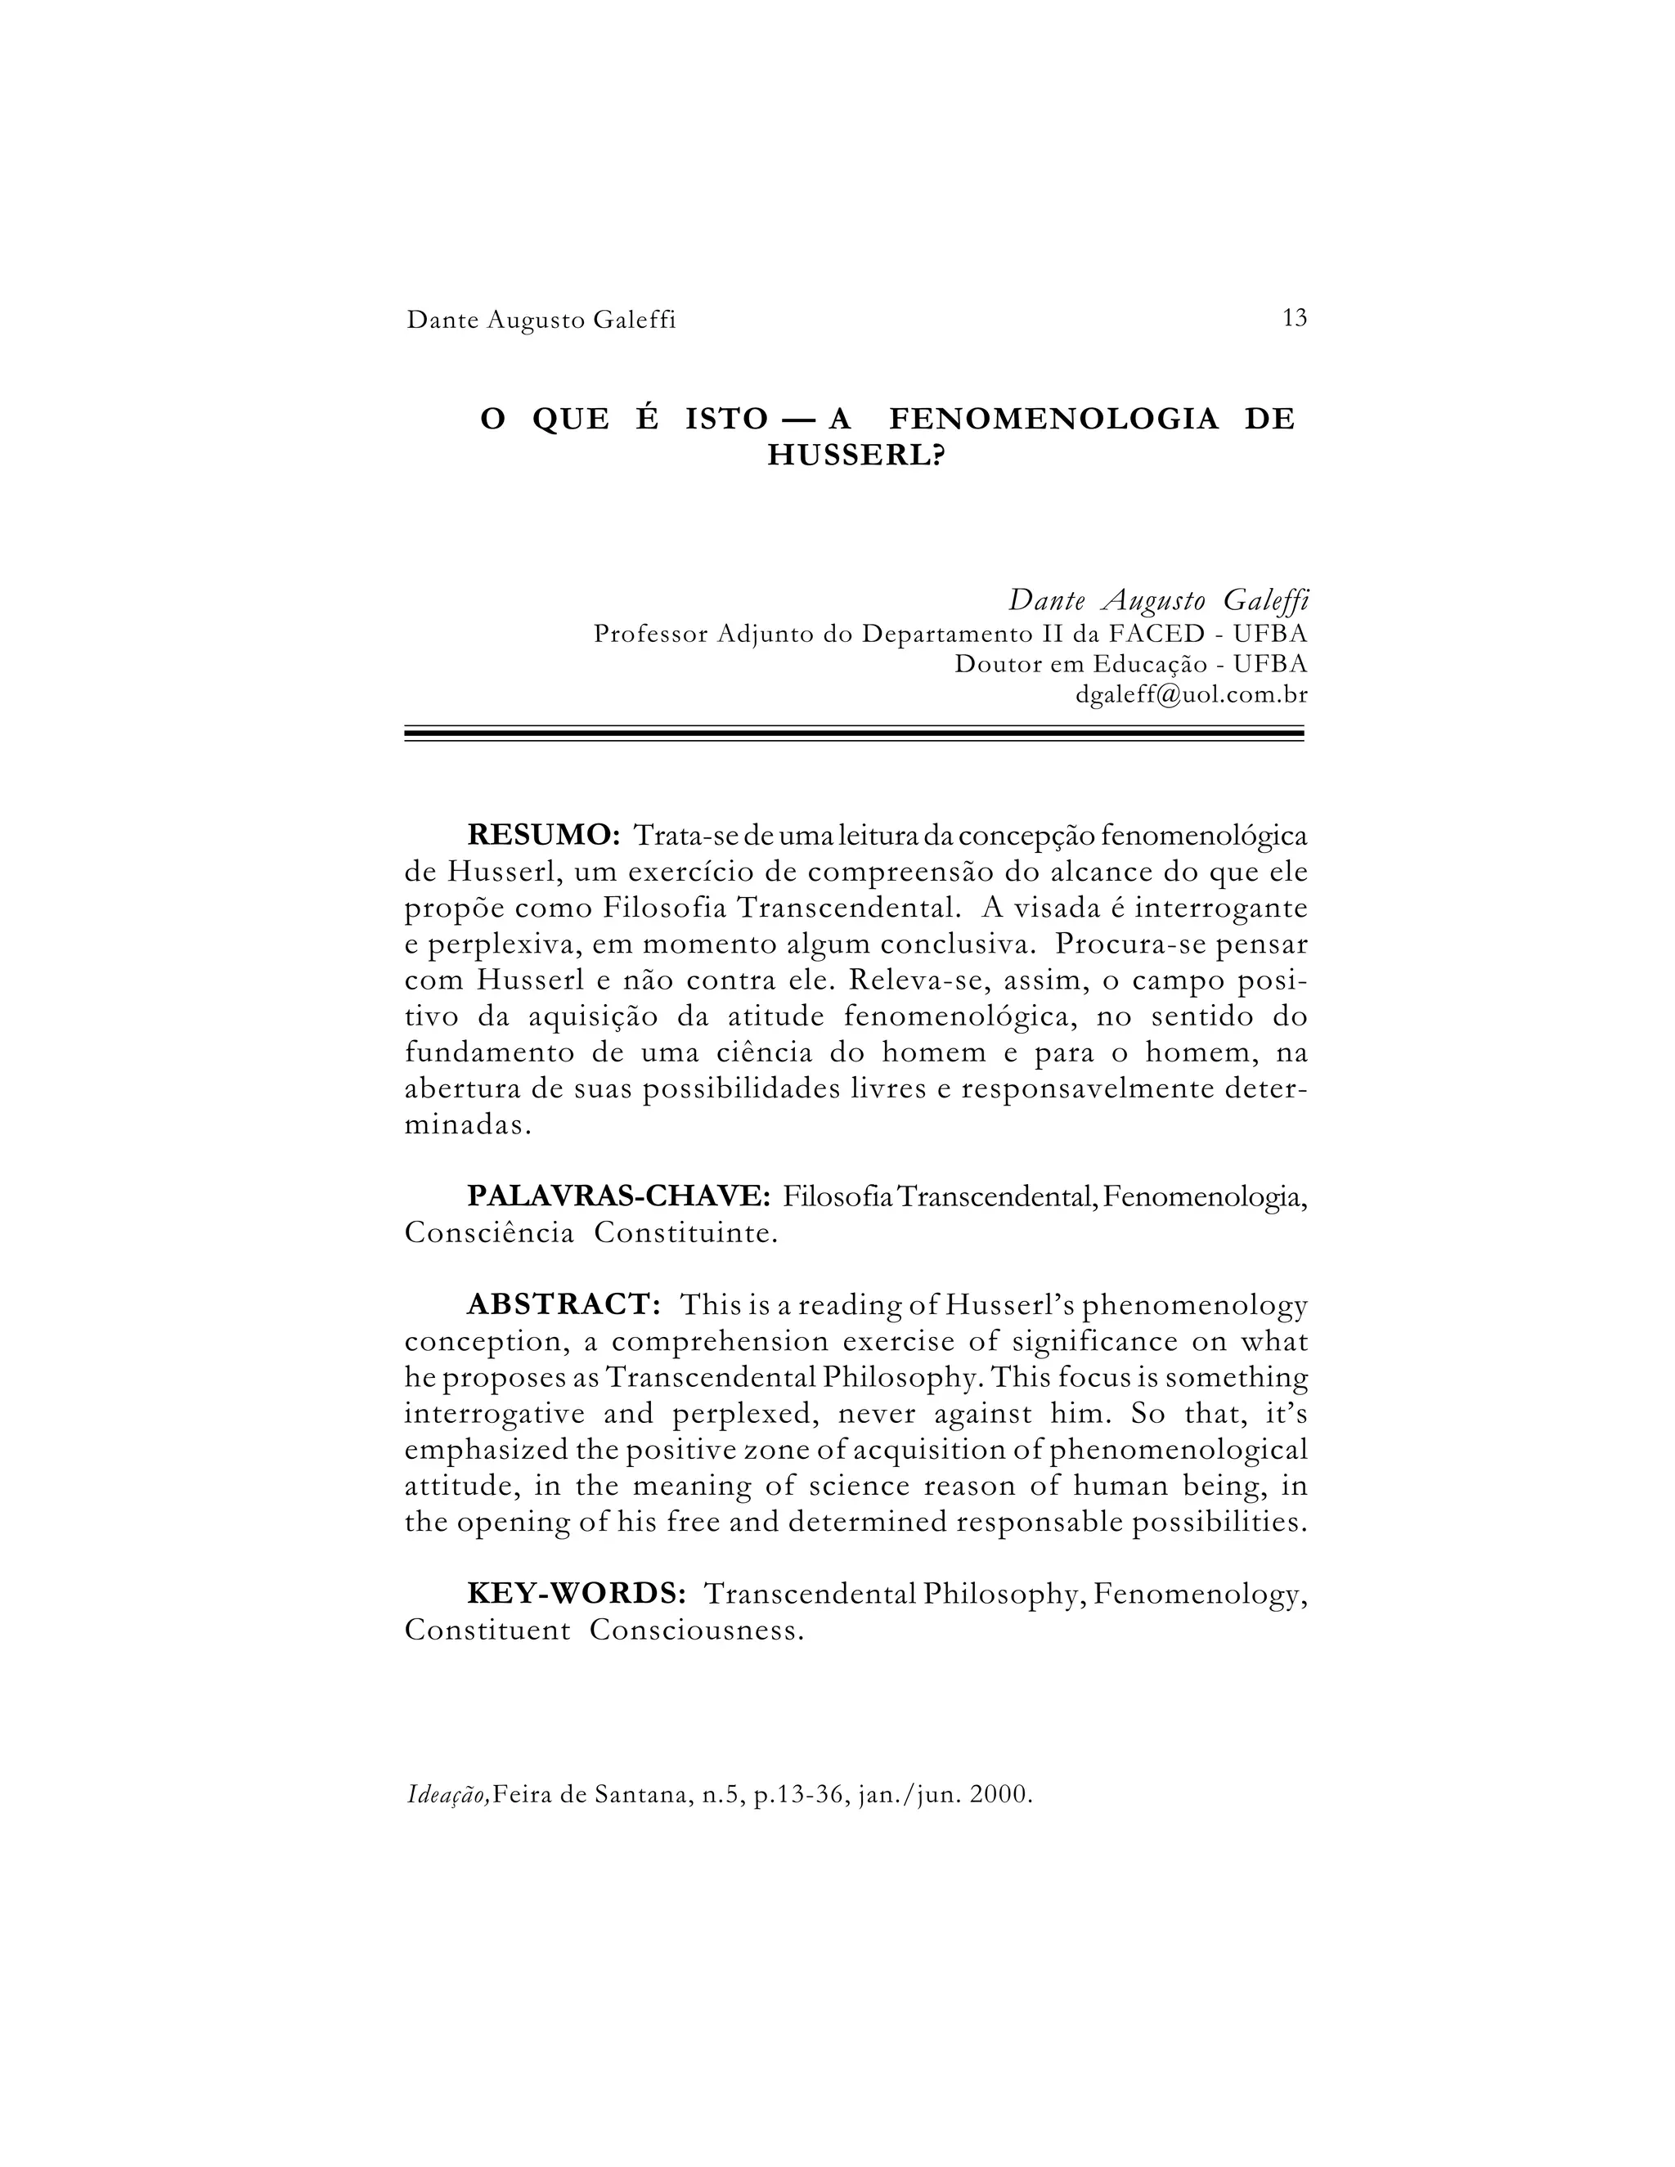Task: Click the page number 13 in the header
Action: [1294, 318]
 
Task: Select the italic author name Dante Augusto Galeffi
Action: [1158, 600]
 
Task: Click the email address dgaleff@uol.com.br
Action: [1191, 694]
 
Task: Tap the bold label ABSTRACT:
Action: [564, 1305]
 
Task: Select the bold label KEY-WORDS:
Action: [577, 1594]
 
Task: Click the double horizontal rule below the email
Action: [853, 735]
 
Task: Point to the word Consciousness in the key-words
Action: [696, 1631]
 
